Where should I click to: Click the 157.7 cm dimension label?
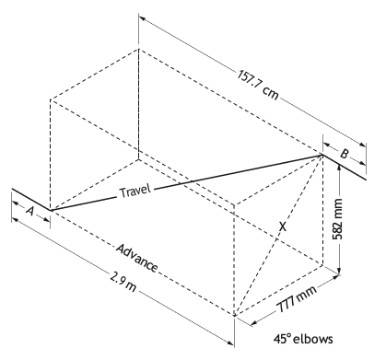[258, 85]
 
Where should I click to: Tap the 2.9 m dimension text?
[123, 282]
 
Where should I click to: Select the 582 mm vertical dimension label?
[337, 219]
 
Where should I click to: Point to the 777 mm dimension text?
[297, 299]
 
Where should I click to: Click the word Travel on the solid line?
[135, 192]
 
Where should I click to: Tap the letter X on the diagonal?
[283, 226]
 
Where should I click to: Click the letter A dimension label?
[29, 211]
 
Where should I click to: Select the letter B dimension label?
[345, 154]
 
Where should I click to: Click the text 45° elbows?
[303, 339]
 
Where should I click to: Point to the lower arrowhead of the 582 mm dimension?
[339, 270]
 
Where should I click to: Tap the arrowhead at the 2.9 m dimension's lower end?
[230, 343]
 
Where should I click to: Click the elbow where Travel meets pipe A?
[50, 210]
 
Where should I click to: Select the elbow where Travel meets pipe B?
[322, 155]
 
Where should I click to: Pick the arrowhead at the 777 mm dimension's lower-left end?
[254, 322]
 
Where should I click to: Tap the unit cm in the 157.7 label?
[271, 93]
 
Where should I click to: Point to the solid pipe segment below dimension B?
[345, 168]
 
